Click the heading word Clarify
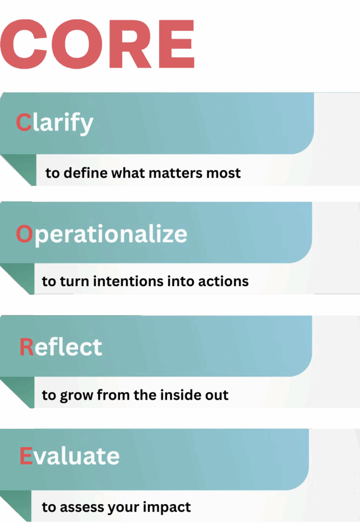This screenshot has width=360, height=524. point(55,123)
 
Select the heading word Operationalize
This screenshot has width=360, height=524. point(102,234)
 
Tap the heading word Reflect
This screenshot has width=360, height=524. point(60,347)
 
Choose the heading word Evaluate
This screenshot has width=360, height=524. point(69,455)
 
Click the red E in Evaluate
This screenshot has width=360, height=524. point(26,455)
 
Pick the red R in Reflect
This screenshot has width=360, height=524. point(26,347)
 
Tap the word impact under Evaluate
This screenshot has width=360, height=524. point(168,508)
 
